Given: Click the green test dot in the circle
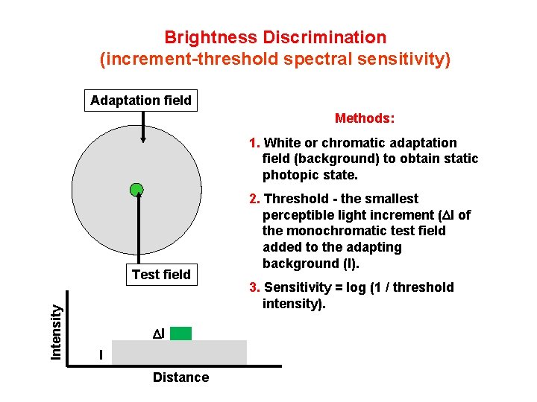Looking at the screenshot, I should pyautogui.click(x=136, y=190).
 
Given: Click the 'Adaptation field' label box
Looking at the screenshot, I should pyautogui.click(x=141, y=100).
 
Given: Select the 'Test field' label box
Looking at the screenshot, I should pyautogui.click(x=161, y=275).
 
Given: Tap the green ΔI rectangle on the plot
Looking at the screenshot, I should pyautogui.click(x=180, y=333).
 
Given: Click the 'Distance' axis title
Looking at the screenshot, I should pyautogui.click(x=180, y=377).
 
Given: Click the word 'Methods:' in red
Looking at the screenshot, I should pyautogui.click(x=365, y=118).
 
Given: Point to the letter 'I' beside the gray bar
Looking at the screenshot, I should pyautogui.click(x=101, y=355).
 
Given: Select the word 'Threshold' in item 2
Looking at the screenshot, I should pyautogui.click(x=298, y=199).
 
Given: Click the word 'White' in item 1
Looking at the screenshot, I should pyautogui.click(x=282, y=143).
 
